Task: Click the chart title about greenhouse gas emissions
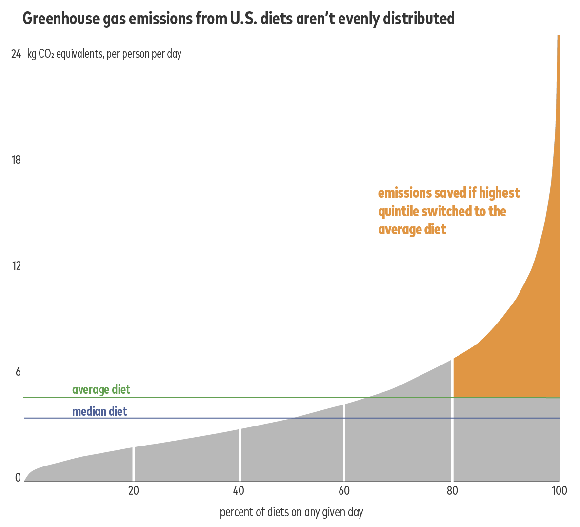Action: [239, 19]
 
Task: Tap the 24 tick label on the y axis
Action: [16, 54]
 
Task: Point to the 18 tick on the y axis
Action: [16, 160]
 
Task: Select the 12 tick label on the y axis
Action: [16, 266]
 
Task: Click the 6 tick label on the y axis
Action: [18, 372]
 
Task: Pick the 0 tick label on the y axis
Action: [18, 478]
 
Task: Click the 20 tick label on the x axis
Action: [134, 491]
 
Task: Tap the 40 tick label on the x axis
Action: [239, 491]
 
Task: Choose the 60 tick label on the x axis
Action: [344, 491]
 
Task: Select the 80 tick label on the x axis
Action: [452, 491]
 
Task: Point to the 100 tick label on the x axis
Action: [559, 491]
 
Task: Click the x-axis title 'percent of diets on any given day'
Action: [291, 512]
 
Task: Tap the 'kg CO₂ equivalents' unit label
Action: [104, 54]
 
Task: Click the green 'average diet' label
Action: [101, 390]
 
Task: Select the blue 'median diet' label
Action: [100, 411]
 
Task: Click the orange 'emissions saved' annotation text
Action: [448, 211]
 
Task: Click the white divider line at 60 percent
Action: [344, 442]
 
